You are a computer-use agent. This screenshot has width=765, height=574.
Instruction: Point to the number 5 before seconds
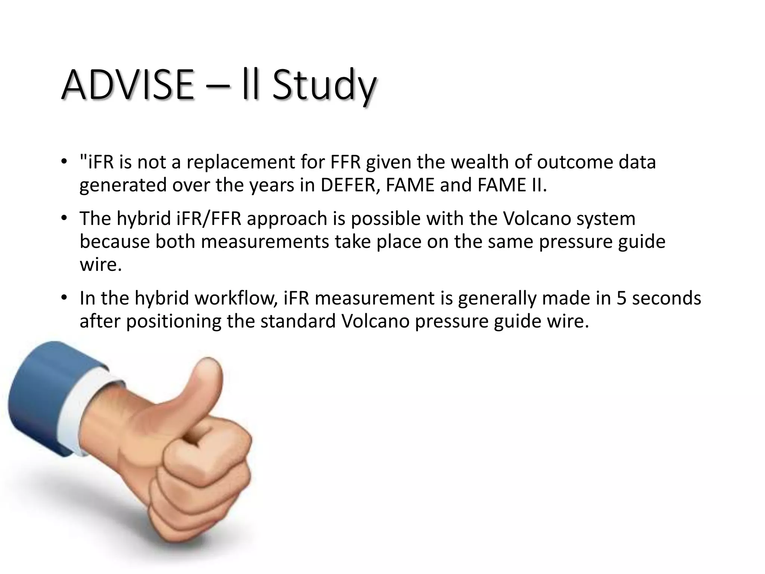(621, 298)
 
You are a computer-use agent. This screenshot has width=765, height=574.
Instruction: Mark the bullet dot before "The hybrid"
(64, 218)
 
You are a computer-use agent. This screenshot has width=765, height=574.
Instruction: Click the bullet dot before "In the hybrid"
(64, 297)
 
